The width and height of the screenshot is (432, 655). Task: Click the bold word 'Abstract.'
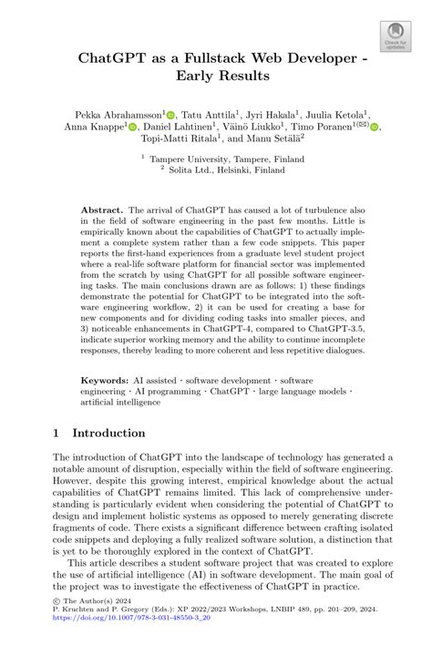[102, 210]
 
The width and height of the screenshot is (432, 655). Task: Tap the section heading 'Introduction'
[108, 433]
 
